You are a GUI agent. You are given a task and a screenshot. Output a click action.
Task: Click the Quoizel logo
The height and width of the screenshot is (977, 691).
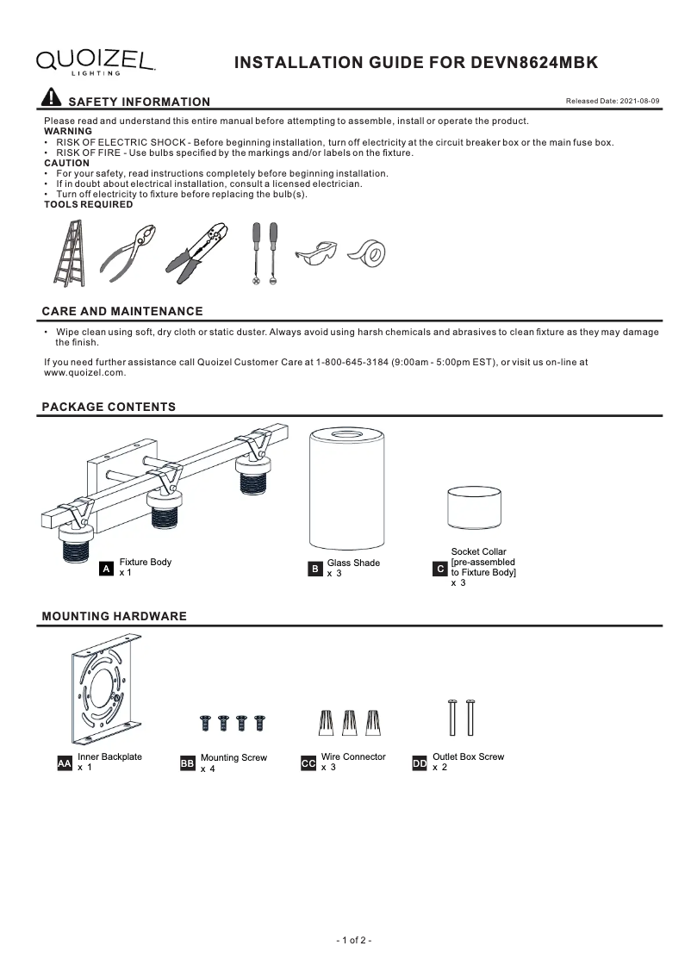95,61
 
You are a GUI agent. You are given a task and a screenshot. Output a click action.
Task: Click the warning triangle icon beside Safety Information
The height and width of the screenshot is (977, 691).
52,97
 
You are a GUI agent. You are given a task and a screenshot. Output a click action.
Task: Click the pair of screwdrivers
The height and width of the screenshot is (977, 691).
264,253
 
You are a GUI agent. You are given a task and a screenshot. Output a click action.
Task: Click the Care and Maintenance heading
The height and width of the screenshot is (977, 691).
122,311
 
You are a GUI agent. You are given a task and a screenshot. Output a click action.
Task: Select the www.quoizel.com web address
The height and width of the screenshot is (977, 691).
84,373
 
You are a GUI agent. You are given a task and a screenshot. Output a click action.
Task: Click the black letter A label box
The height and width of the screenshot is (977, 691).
106,569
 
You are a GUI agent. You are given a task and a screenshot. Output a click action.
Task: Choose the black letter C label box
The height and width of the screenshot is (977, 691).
440,569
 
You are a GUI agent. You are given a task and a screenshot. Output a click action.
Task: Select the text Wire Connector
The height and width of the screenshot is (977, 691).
353,756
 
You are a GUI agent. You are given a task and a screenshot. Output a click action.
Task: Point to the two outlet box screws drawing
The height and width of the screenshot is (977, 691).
460,717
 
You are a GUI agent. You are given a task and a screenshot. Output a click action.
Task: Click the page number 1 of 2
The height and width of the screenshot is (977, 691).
353,940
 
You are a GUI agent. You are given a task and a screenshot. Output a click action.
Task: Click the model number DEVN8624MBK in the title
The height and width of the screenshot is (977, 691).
534,63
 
